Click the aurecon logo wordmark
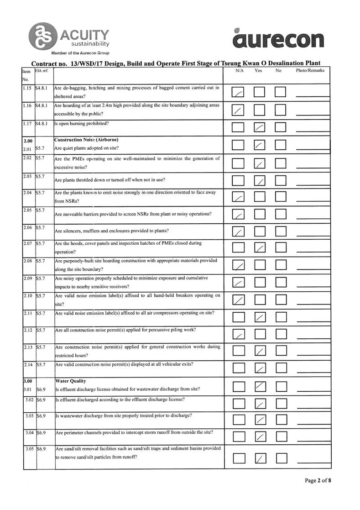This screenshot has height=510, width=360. pyautogui.click(x=278, y=38)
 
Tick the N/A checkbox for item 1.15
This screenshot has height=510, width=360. pyautogui.click(x=238, y=92)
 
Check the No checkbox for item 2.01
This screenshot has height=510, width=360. pyautogui.click(x=281, y=145)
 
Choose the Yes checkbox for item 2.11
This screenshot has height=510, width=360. pyautogui.click(x=260, y=316)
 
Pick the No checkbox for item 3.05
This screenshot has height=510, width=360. pyautogui.click(x=281, y=457)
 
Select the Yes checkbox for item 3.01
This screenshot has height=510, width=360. pyautogui.click(x=260, y=387)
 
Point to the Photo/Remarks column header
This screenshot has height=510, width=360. pyautogui.click(x=310, y=71)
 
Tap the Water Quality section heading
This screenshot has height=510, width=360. pyautogui.click(x=70, y=380)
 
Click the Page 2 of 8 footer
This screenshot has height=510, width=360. pyautogui.click(x=318, y=480)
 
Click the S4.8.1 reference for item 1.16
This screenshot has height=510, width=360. pyautogui.click(x=44, y=105)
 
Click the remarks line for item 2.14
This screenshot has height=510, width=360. pyautogui.click(x=313, y=370)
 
